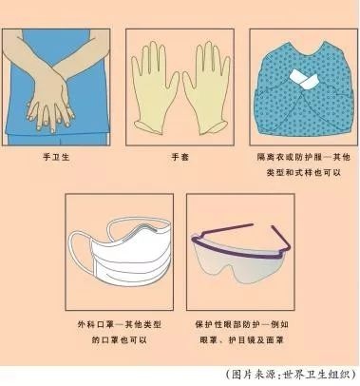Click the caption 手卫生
point(56,157)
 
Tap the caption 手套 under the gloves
point(180,157)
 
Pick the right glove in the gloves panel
point(206,88)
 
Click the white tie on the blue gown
point(304,79)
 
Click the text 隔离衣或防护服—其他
point(304,157)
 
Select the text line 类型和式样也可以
point(304,173)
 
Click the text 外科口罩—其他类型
point(120,324)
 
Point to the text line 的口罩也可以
point(120,340)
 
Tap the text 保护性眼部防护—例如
point(241,324)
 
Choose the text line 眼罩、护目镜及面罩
point(241,340)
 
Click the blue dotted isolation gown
point(304,92)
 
